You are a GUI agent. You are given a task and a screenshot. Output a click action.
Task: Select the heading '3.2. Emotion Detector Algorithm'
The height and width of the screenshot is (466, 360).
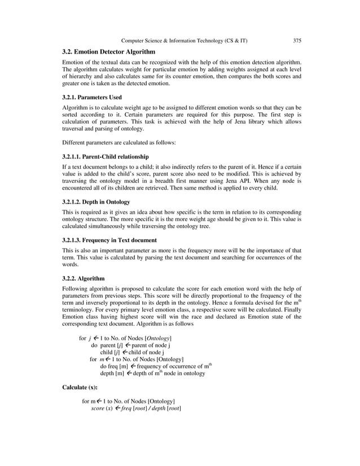[108, 52]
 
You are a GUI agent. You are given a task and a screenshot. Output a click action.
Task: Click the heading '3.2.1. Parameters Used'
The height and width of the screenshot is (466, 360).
[92, 97]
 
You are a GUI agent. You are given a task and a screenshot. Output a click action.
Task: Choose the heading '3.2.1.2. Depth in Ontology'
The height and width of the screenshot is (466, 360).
[96, 201]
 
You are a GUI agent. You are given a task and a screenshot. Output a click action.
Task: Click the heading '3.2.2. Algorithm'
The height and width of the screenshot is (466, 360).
[83, 278]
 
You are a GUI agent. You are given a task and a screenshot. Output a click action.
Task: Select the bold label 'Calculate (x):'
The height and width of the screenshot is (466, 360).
[80, 388]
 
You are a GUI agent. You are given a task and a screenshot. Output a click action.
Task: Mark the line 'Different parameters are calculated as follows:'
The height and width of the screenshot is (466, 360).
[119, 143]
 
